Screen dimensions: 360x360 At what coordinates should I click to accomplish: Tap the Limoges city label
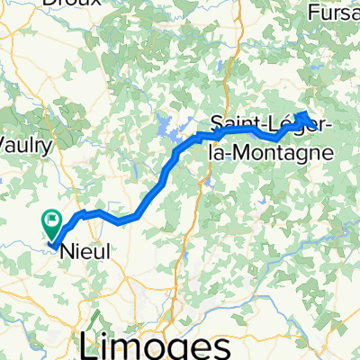(x=152, y=344)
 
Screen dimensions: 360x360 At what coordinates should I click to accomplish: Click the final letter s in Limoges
(x=217, y=346)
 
